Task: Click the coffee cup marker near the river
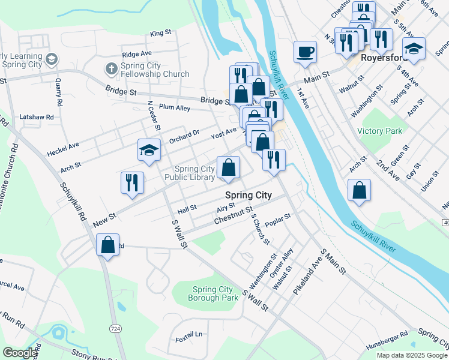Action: (x=305, y=52)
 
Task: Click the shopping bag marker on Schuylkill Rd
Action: (x=107, y=245)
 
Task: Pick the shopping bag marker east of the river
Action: (x=359, y=190)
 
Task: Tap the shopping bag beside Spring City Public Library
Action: (x=228, y=168)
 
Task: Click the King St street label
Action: (x=161, y=33)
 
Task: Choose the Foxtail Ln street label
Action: (x=190, y=334)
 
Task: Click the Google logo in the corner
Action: (x=19, y=353)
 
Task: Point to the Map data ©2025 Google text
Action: (x=411, y=355)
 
